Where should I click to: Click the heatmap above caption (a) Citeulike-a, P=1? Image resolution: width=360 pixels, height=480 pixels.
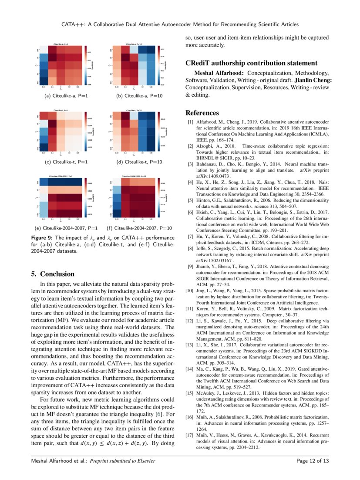pyautogui.click(x=61, y=65)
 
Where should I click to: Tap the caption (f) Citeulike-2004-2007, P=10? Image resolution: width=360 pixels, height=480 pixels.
pyautogui.click(x=139, y=228)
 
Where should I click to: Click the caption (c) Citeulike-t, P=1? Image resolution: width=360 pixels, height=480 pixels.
pyautogui.click(x=67, y=162)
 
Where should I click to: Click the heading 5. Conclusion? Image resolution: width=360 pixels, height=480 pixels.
pyautogui.click(x=53, y=274)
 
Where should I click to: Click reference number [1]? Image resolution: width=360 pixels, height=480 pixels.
pyautogui.click(x=190, y=122)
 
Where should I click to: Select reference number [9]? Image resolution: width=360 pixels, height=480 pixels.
pyautogui.click(x=190, y=266)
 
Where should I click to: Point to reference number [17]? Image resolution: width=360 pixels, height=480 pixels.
pyautogui.click(x=189, y=435)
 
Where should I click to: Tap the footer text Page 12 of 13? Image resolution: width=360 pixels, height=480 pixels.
pyautogui.click(x=312, y=461)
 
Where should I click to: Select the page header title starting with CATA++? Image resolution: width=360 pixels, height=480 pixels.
pyautogui.click(x=180, y=24)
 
